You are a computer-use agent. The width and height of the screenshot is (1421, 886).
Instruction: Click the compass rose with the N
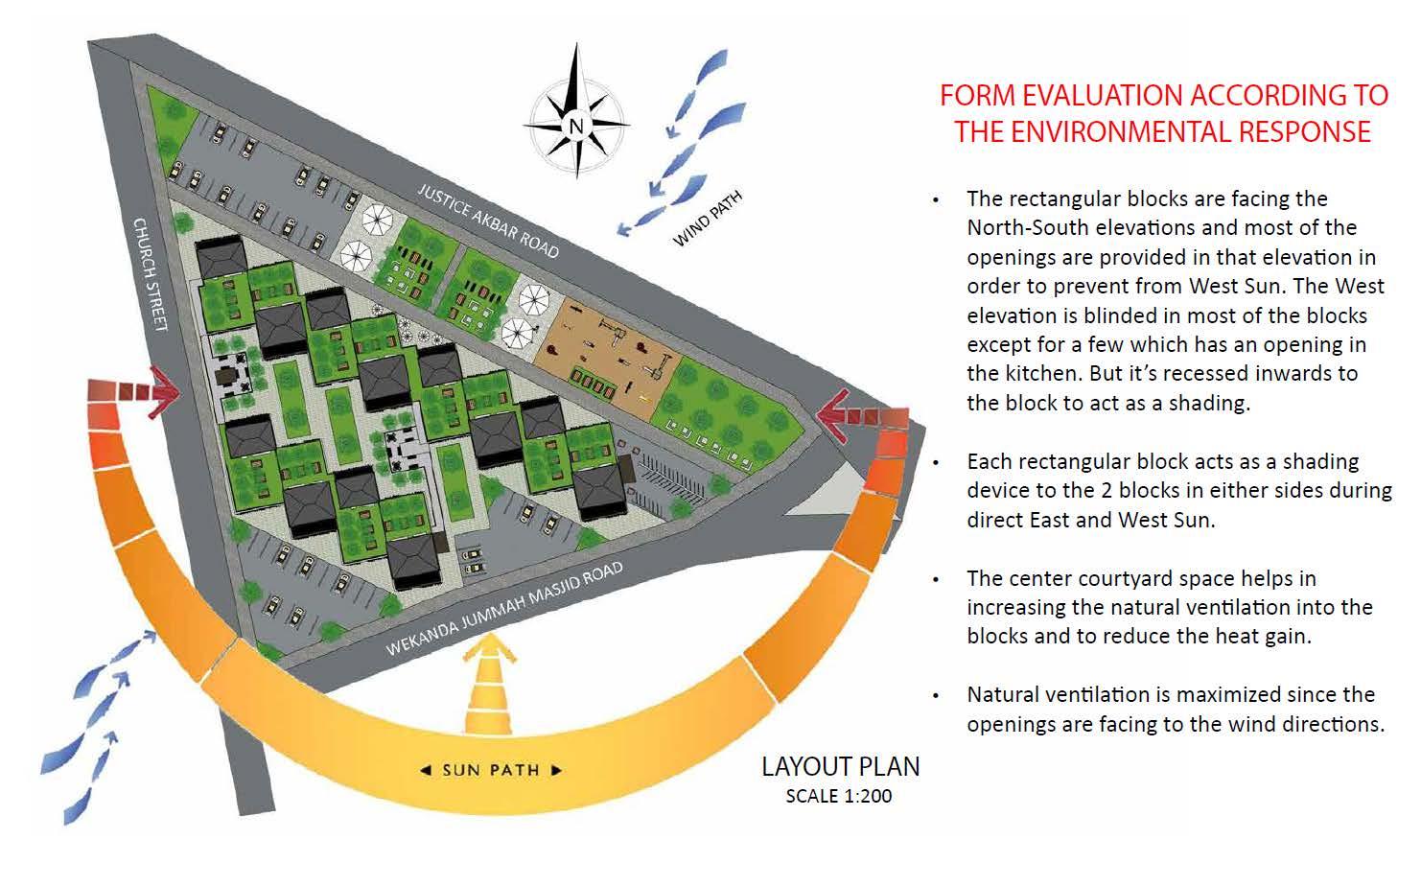(x=576, y=124)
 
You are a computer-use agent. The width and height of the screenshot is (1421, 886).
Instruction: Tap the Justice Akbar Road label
(x=488, y=221)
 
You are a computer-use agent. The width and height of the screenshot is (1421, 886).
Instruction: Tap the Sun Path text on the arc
(x=490, y=770)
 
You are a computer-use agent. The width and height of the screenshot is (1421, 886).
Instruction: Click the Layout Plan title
(x=840, y=767)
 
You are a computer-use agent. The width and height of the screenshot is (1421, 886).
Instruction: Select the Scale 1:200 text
(x=838, y=796)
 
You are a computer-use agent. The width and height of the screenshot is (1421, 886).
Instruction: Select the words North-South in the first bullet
(x=1029, y=228)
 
